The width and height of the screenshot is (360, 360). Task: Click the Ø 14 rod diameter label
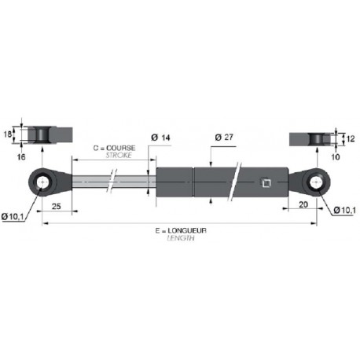pyautogui.click(x=160, y=138)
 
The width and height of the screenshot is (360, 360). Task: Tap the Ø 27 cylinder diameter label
pyautogui.click(x=224, y=137)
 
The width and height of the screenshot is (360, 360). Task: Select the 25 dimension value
pyautogui.click(x=56, y=206)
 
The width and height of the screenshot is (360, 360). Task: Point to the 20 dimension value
pyautogui.click(x=303, y=204)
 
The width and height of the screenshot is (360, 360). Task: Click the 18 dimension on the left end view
pyautogui.click(x=8, y=134)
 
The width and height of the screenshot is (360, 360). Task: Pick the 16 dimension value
pyautogui.click(x=21, y=157)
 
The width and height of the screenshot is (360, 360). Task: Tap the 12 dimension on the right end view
pyautogui.click(x=351, y=138)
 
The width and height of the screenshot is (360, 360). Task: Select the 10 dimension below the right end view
pyautogui.click(x=336, y=157)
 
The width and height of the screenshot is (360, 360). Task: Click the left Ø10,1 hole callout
pyautogui.click(x=13, y=217)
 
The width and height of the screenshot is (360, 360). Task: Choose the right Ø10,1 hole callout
pyautogui.click(x=344, y=210)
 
